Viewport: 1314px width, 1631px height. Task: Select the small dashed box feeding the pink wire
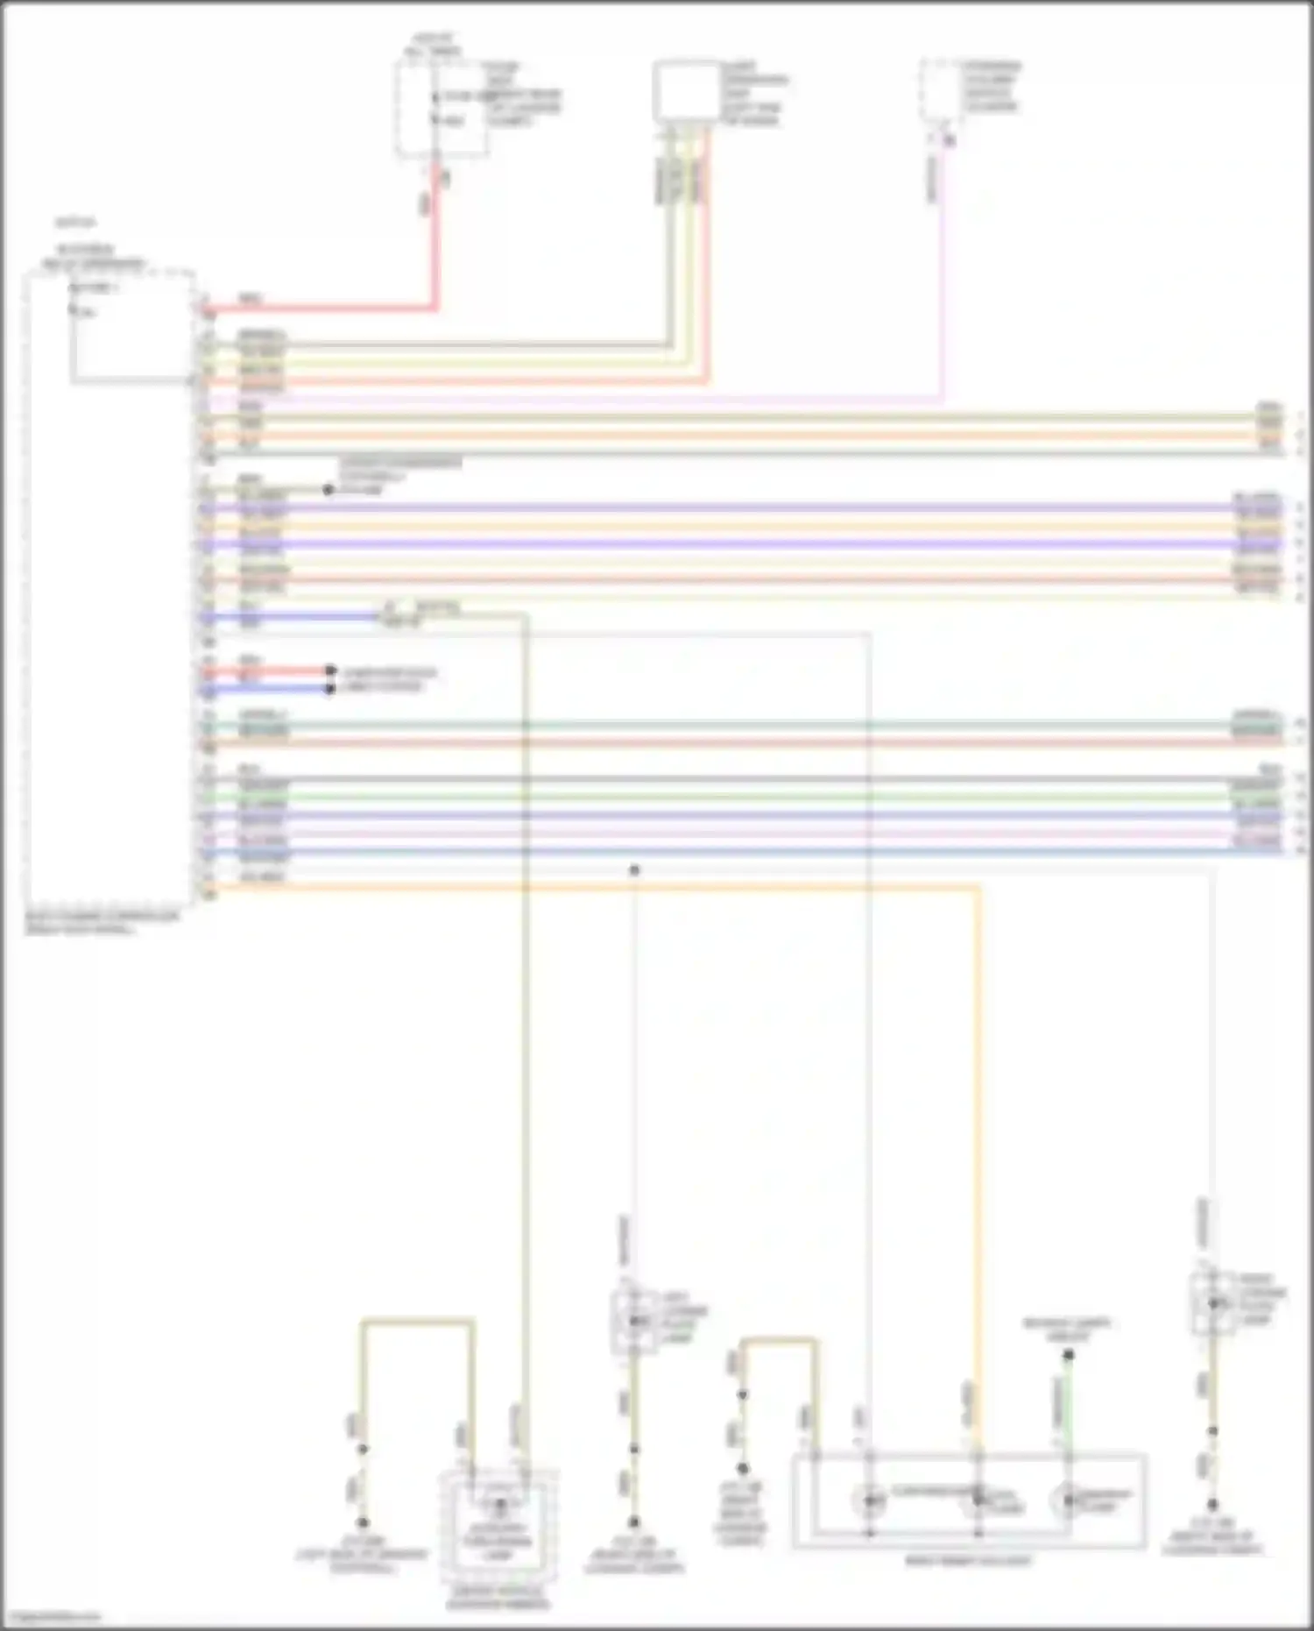point(939,91)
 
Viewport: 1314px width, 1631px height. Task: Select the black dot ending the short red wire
point(330,671)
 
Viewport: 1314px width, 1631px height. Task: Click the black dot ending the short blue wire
point(330,689)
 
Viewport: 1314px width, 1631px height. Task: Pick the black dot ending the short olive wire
point(328,490)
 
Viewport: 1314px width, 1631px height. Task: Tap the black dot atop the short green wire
point(1068,1356)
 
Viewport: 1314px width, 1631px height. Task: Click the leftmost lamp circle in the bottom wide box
point(869,1500)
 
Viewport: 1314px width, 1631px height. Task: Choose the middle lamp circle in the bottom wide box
point(978,1500)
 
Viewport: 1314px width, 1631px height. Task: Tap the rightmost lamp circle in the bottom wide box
point(1068,1500)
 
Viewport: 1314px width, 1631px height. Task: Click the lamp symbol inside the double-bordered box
point(499,1506)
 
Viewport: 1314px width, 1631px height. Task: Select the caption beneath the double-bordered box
point(498,1597)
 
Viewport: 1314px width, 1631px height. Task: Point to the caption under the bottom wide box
point(968,1561)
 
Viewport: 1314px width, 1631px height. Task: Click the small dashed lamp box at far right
point(1213,1303)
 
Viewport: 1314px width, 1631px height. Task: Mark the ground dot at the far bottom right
point(1213,1504)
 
